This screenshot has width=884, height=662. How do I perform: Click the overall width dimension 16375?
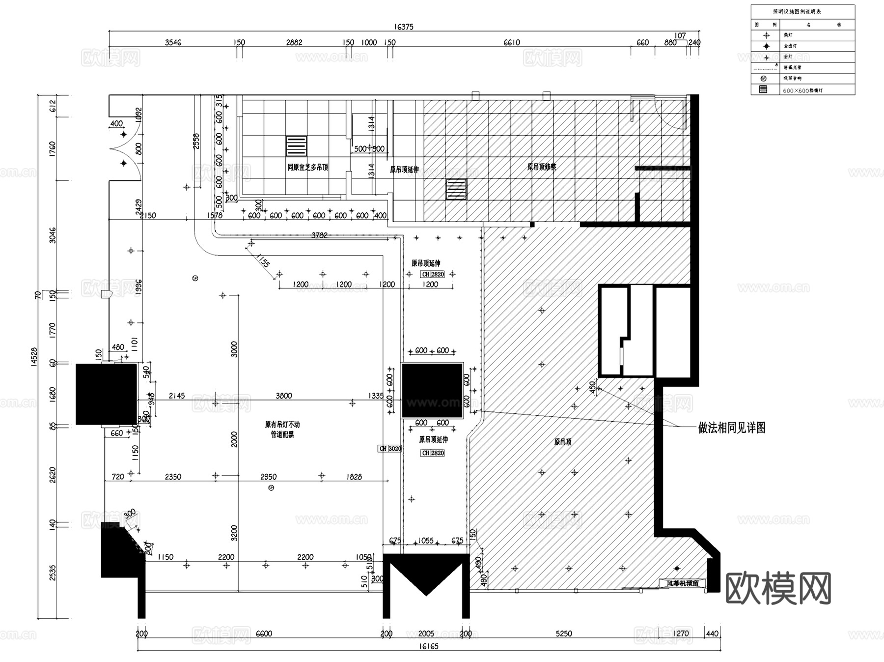(404, 27)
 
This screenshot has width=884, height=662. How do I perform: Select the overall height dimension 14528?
(34, 356)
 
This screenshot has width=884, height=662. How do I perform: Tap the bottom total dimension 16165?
(428, 646)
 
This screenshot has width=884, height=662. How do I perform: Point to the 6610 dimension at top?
(511, 43)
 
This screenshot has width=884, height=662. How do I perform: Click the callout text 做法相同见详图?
(732, 428)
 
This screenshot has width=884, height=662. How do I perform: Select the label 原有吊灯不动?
(282, 424)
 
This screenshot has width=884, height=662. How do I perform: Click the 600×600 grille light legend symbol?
(763, 89)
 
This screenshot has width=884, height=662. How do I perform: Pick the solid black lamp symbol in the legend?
(766, 46)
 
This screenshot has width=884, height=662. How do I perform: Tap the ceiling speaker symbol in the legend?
(763, 79)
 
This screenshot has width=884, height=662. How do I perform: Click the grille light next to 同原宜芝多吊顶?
(296, 146)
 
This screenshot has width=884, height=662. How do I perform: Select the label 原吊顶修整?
(542, 167)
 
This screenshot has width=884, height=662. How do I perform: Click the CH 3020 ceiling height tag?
(390, 449)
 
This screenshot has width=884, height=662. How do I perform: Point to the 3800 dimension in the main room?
(283, 396)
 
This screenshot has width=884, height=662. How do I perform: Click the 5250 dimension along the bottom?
(563, 633)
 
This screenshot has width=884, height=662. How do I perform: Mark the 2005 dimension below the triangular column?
(426, 633)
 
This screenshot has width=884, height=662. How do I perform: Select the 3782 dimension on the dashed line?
(319, 235)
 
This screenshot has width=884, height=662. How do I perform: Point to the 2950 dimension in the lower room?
(268, 477)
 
